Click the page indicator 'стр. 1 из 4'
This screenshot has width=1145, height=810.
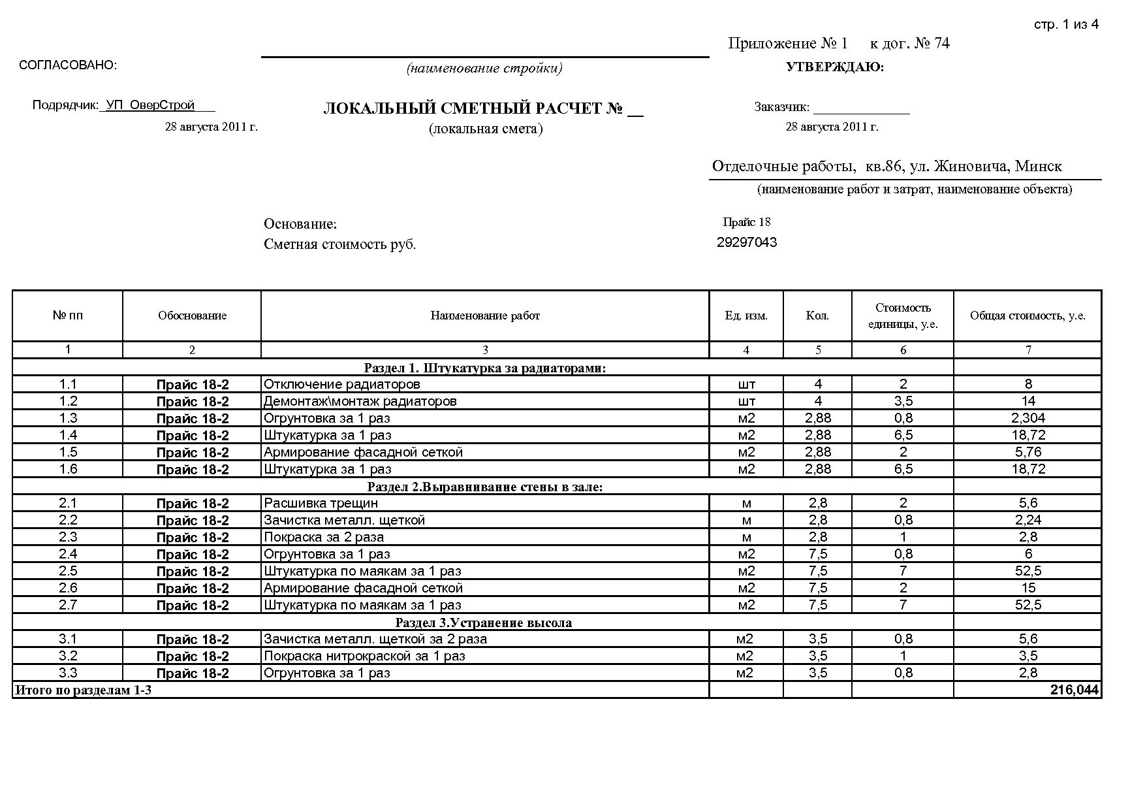pyautogui.click(x=1066, y=25)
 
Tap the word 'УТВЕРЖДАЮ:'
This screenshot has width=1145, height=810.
pyautogui.click(x=835, y=67)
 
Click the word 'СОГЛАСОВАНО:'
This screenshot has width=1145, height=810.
pyautogui.click(x=69, y=65)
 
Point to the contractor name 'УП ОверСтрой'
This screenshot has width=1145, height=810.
pyautogui.click(x=150, y=105)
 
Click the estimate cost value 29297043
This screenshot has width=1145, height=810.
pyautogui.click(x=747, y=242)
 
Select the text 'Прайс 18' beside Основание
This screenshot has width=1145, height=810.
pyautogui.click(x=747, y=222)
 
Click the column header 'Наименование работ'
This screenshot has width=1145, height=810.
pyautogui.click(x=485, y=316)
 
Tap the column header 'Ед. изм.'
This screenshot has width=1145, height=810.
pyautogui.click(x=746, y=316)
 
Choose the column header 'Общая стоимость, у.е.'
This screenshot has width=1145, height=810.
pyautogui.click(x=1027, y=316)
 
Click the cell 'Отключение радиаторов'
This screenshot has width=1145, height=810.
pyautogui.click(x=341, y=384)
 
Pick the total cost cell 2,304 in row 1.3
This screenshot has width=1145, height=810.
pyautogui.click(x=1028, y=418)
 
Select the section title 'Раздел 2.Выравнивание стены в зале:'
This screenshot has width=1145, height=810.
pyautogui.click(x=485, y=487)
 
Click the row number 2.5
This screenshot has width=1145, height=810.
pyautogui.click(x=68, y=571)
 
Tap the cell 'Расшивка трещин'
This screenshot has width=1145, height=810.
pyautogui.click(x=321, y=503)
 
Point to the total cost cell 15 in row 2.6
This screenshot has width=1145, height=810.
pyautogui.click(x=1028, y=588)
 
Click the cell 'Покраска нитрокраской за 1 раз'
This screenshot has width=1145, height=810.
pyautogui.click(x=364, y=656)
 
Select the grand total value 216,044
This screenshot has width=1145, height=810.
pyautogui.click(x=1074, y=690)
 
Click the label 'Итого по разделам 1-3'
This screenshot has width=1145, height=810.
pyautogui.click(x=83, y=690)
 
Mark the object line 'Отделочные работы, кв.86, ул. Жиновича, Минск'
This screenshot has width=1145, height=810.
pyautogui.click(x=886, y=167)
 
